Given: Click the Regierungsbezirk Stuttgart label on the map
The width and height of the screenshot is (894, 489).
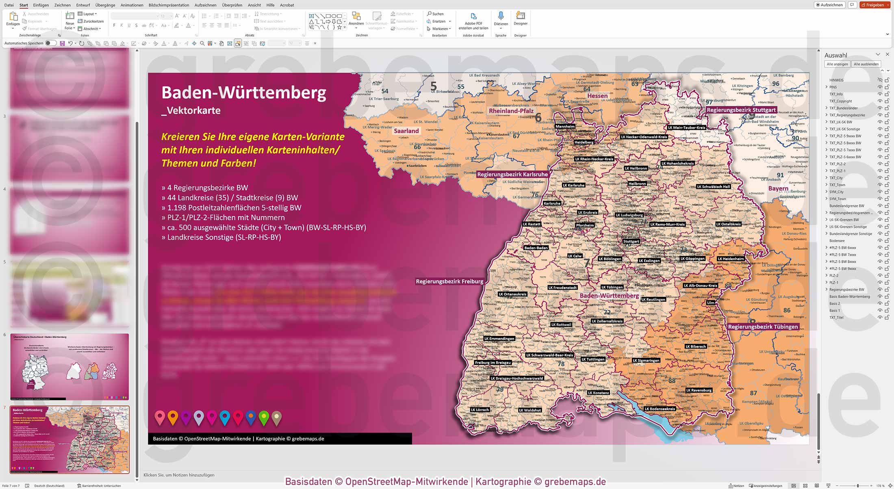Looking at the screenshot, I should click(x=741, y=110).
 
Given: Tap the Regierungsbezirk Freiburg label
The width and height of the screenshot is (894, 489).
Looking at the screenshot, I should click(x=449, y=281).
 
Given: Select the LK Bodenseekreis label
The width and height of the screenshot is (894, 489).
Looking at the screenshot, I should click(x=660, y=409).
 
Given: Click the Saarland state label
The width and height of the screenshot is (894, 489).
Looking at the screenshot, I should click(x=406, y=131).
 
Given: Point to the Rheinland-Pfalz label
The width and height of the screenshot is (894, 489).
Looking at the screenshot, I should click(x=511, y=111).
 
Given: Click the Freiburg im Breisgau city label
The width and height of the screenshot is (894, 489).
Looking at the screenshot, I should click(x=493, y=363).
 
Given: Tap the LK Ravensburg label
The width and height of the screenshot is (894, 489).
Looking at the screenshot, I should click(x=699, y=390).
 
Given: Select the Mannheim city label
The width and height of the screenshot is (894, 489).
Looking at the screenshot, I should click(x=565, y=126).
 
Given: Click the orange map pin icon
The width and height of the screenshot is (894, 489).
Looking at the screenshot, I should click(x=173, y=418).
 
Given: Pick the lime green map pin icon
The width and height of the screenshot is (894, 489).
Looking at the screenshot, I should click(x=264, y=418).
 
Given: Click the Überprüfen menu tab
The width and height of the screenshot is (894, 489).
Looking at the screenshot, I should click(x=232, y=5).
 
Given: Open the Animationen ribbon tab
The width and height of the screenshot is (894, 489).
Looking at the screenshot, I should click(x=132, y=5).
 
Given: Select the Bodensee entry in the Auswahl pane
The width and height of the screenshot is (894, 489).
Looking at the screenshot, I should click(x=837, y=241).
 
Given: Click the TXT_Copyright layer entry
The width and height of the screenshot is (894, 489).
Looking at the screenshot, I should click(x=840, y=101).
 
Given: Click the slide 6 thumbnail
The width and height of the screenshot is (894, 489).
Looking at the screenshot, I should click(x=69, y=366).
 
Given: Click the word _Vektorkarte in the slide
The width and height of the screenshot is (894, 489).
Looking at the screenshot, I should click(x=191, y=110).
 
